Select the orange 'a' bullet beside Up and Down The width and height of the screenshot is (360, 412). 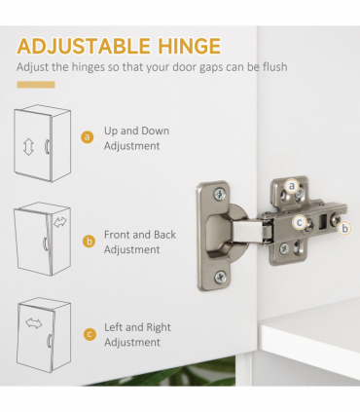pos(88,137)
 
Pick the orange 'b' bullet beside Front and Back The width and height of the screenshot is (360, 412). pos(88,241)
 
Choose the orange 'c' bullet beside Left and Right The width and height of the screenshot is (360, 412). pos(88,334)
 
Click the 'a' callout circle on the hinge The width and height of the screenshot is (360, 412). pos(291,185)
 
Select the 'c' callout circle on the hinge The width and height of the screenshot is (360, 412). pos(300,221)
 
